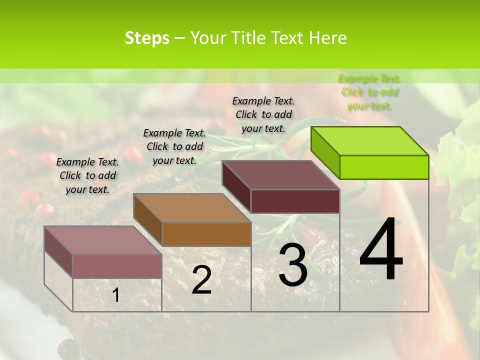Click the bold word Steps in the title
(147, 38)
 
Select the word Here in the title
(328, 38)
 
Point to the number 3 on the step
(292, 265)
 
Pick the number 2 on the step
(201, 280)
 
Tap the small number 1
(115, 295)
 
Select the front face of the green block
(384, 167)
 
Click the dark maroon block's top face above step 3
(281, 175)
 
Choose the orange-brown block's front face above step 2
(206, 234)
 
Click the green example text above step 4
(369, 92)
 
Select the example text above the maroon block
(263, 114)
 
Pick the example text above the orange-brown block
(174, 146)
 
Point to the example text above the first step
(87, 175)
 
